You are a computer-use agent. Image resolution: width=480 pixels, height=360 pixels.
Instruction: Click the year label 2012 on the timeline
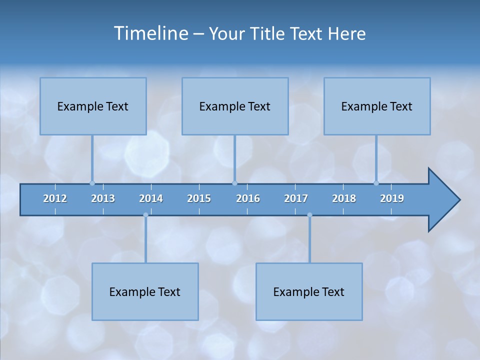pyautogui.click(x=55, y=198)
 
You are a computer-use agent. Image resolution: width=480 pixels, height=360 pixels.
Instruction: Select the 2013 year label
pyautogui.click(x=103, y=198)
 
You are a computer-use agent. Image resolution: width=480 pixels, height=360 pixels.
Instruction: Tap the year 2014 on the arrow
pyautogui.click(x=151, y=198)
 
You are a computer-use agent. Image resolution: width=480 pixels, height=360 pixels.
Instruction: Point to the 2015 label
pyautogui.click(x=199, y=198)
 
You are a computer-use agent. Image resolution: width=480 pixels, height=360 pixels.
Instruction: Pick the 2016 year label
pyautogui.click(x=248, y=198)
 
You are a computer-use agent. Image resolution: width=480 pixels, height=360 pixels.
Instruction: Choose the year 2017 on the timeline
pyautogui.click(x=296, y=198)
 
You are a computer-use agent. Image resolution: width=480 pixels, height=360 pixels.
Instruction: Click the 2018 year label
pyautogui.click(x=344, y=198)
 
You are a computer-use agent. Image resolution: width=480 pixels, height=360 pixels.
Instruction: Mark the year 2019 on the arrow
pyautogui.click(x=392, y=198)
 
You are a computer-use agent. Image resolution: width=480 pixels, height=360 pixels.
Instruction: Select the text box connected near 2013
pyautogui.click(x=93, y=106)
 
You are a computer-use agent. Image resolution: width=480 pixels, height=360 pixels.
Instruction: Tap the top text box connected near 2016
pyautogui.click(x=235, y=106)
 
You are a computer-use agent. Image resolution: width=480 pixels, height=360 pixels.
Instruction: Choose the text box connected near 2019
pyautogui.click(x=377, y=106)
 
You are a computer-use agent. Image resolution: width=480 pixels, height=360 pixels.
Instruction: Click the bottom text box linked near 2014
pyautogui.click(x=145, y=292)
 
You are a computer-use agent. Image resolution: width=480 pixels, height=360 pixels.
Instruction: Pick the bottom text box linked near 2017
pyautogui.click(x=309, y=292)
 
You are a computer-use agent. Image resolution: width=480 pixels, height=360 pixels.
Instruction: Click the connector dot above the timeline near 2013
pyautogui.click(x=92, y=183)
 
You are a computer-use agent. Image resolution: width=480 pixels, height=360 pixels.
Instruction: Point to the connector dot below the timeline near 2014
pyautogui.click(x=145, y=215)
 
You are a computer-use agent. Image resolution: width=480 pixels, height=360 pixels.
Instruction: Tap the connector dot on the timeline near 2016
pyautogui.click(x=234, y=183)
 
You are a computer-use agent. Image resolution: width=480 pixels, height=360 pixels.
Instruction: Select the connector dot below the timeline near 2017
pyautogui.click(x=309, y=215)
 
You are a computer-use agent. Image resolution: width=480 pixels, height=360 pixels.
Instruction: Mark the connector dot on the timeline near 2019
pyautogui.click(x=376, y=183)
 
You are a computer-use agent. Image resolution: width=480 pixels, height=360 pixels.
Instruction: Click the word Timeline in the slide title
pyautogui.click(x=151, y=33)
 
